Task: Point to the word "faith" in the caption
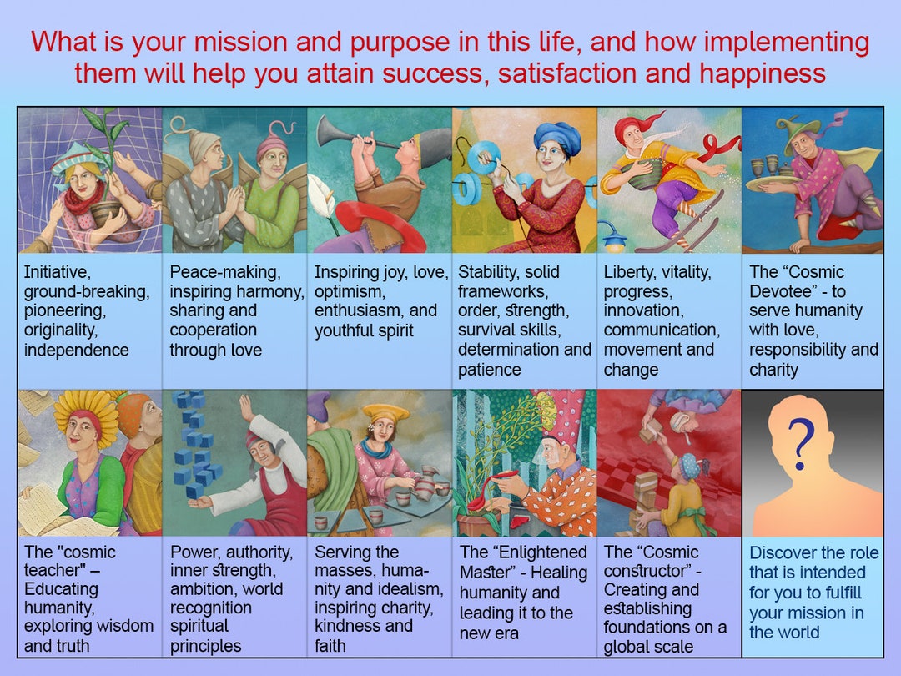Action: click(331, 645)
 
